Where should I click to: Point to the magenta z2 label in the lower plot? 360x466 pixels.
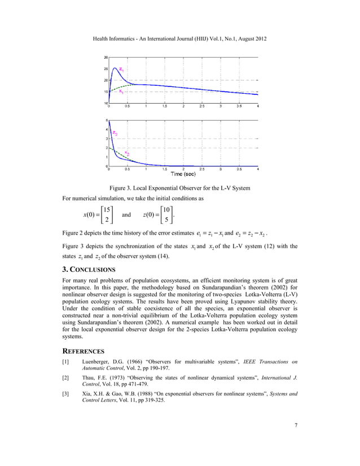tap(115, 133)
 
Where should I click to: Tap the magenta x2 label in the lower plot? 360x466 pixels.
tap(127, 153)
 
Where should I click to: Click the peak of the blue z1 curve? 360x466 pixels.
tap(115, 68)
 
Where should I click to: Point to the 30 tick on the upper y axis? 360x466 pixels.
tap(106, 57)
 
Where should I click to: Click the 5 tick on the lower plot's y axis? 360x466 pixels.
tap(107, 120)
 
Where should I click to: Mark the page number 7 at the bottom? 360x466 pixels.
tap(296, 440)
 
